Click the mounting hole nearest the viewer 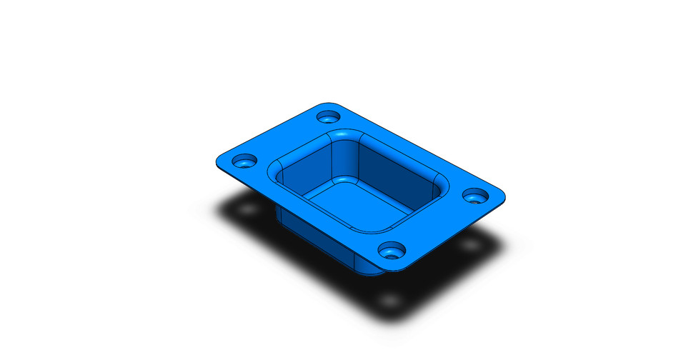click(x=391, y=251)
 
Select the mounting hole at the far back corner click(x=329, y=116)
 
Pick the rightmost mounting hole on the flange click(x=474, y=194)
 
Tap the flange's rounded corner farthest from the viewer click(x=325, y=104)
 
